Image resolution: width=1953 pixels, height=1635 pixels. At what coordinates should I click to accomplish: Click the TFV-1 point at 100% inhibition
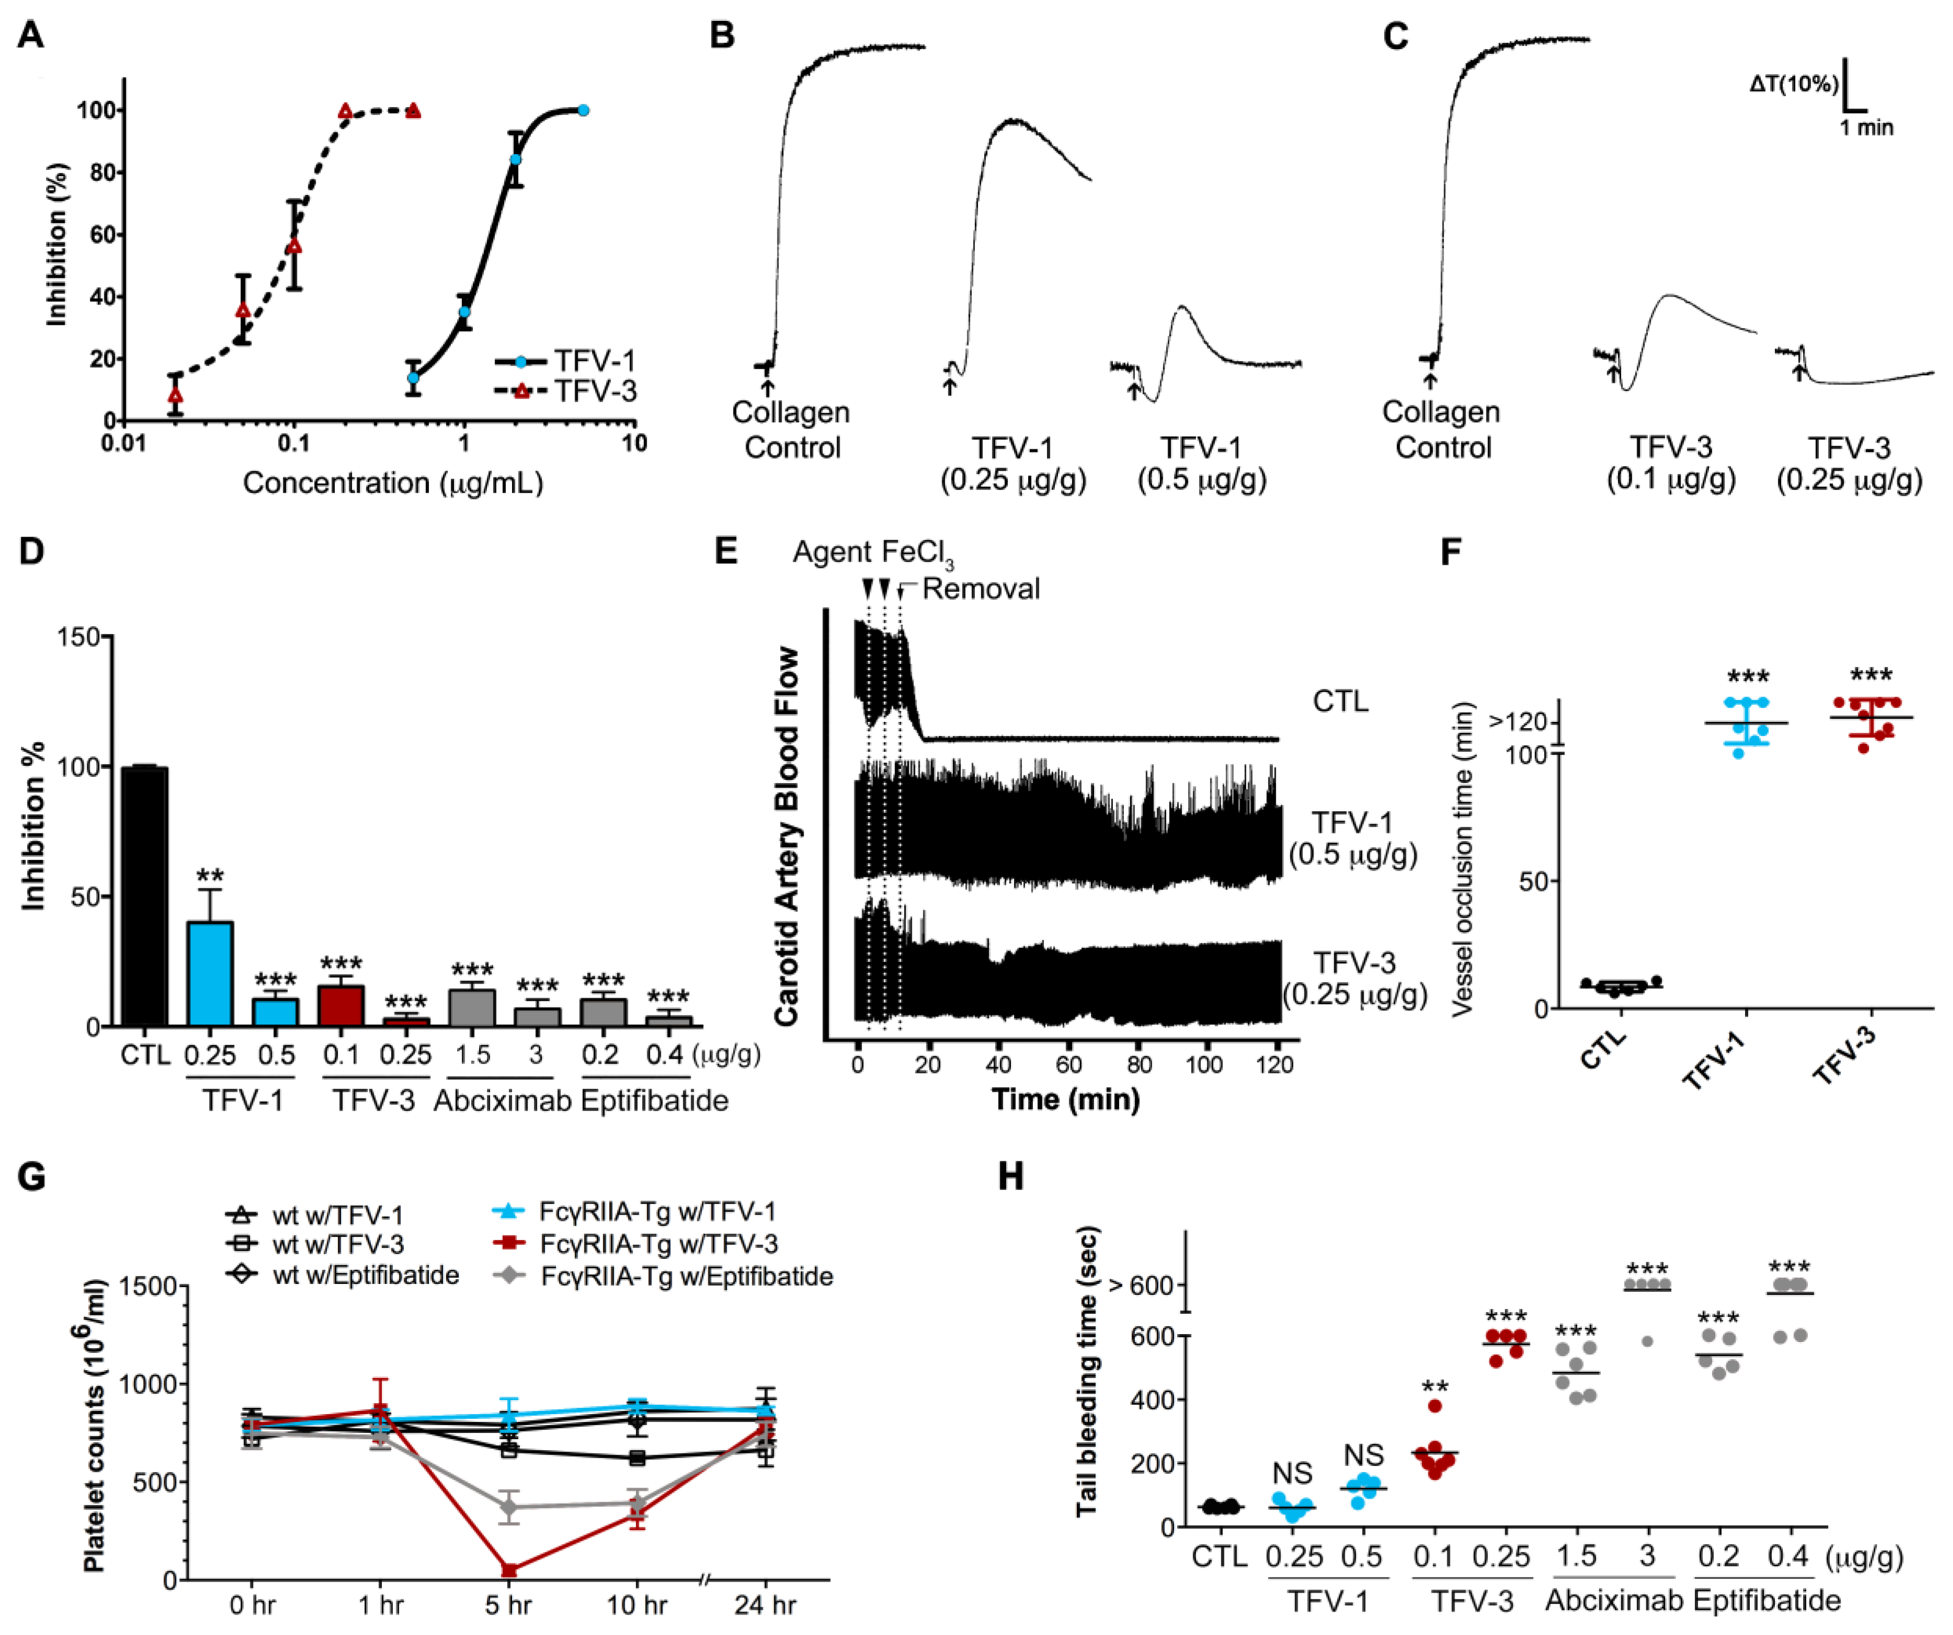point(583,110)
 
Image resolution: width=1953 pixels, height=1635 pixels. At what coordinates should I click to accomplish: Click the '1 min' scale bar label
point(1866,127)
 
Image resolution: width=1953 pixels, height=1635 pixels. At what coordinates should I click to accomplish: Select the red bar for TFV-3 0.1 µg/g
point(341,1005)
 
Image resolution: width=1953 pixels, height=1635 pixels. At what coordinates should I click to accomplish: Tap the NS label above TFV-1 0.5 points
point(1363,1455)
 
